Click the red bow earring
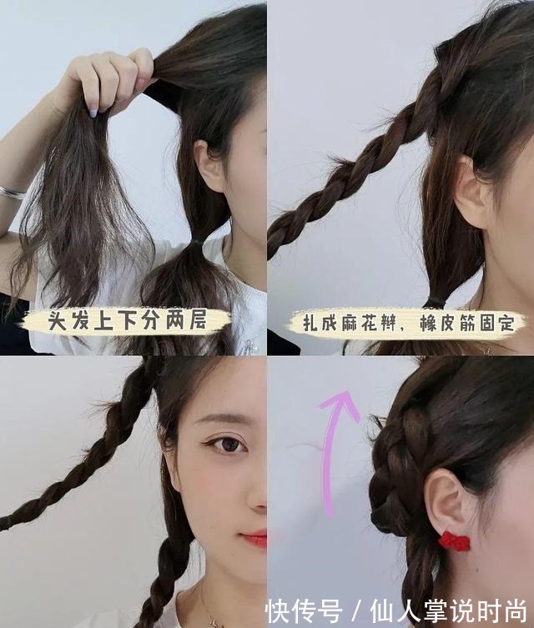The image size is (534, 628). coord(454,541)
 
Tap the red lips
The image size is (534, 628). coord(255,538)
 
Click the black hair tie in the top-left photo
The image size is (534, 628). coord(197,241)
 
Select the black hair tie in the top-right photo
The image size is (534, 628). coord(434,302)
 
